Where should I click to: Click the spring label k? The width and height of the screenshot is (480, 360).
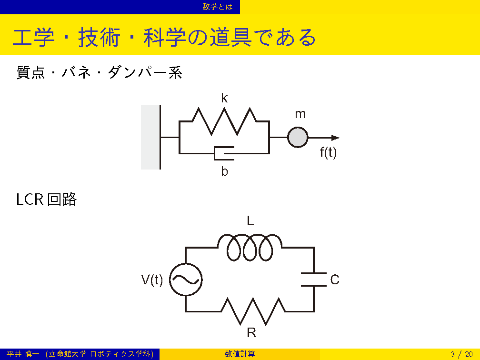coord(224,98)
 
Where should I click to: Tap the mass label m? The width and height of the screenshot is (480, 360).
coord(300,114)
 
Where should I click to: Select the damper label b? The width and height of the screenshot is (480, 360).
coord(225,171)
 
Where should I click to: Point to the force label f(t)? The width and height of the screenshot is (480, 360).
coord(328,152)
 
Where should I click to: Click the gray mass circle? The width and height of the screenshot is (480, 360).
coord(298,138)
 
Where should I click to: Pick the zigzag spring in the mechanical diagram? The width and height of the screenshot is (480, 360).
coord(224,121)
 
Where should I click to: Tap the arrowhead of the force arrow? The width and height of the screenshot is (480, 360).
coord(336,138)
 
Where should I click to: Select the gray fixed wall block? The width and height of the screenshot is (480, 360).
coord(150,137)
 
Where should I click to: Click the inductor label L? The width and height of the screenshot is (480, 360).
coord(250,221)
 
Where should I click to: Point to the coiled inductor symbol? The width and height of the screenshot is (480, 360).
coord(250,247)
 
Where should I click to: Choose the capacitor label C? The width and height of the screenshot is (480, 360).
coord(335,280)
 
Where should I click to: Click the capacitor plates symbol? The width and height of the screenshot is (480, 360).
coord(314,280)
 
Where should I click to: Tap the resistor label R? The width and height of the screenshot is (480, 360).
coord(251,332)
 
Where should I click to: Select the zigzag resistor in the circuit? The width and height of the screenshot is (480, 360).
coord(253,311)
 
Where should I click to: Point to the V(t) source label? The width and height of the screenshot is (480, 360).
coord(152,280)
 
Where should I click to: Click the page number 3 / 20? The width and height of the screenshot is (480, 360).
coord(461,354)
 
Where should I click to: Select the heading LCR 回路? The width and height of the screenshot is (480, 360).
coord(46,199)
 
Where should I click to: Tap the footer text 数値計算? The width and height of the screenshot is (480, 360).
coord(240,354)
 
